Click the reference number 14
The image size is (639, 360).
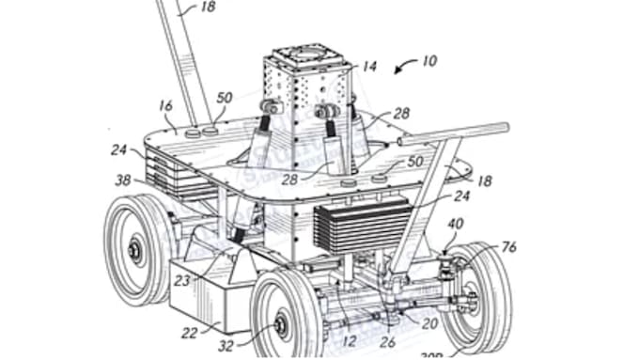point(370,67)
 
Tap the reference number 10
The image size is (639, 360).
point(429,61)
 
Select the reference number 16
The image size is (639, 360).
point(166,107)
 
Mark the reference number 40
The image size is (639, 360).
point(455,225)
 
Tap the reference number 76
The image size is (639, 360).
point(508,248)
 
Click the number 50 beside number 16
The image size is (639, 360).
point(224,98)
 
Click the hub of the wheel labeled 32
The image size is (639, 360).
point(280,325)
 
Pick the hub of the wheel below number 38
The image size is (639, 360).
point(135,252)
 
